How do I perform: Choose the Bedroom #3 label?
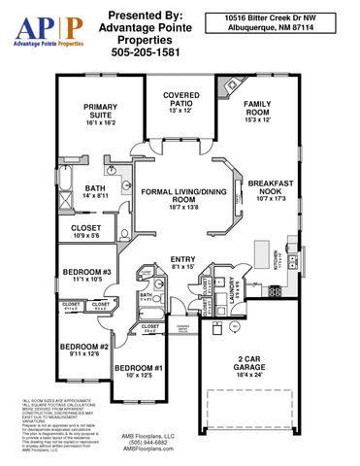pos(88,276)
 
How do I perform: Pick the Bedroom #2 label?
pos(82,351)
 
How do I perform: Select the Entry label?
pos(181,263)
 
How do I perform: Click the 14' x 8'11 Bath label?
pos(94,192)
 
